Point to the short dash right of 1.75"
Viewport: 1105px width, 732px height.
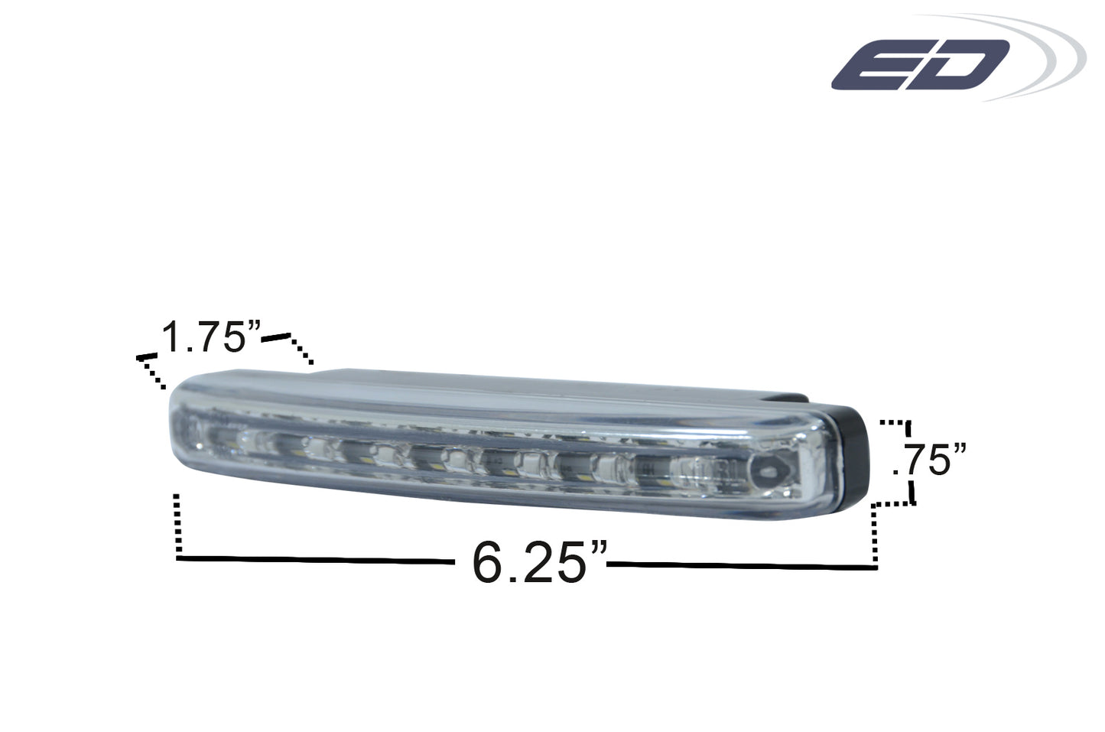pyautogui.click(x=275, y=337)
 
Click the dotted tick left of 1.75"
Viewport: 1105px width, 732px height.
pyautogui.click(x=151, y=373)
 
